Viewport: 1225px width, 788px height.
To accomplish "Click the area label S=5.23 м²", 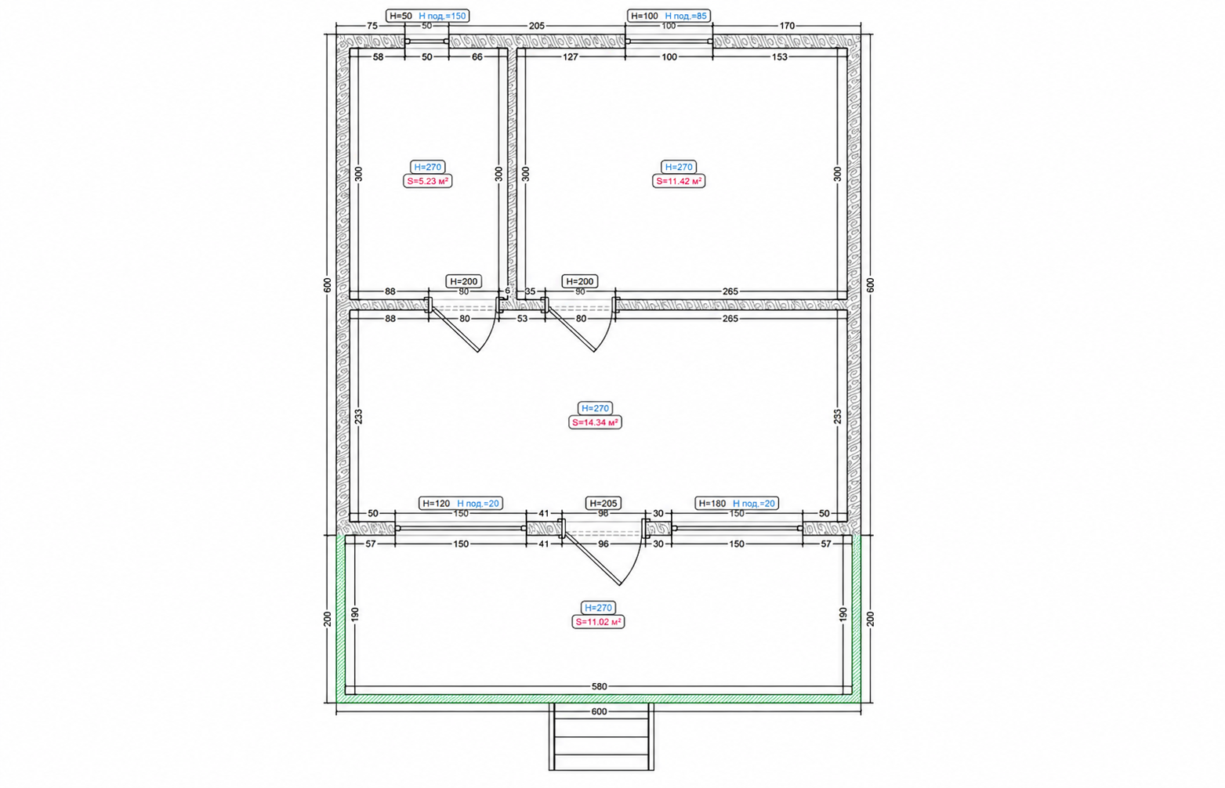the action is [428, 181].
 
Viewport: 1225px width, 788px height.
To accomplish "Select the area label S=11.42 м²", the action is [679, 181].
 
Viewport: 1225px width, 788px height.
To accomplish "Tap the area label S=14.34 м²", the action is [595, 422].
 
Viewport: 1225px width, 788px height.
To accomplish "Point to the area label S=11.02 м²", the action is [598, 622].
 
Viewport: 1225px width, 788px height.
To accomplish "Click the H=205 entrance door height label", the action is [603, 504].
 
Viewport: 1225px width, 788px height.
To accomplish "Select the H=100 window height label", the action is [645, 16].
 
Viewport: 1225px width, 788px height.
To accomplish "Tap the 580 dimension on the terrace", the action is [600, 686].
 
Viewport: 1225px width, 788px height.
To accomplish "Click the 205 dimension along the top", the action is [537, 26].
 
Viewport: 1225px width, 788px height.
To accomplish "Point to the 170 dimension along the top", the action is [787, 26].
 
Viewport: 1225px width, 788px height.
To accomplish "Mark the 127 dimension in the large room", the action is [571, 57].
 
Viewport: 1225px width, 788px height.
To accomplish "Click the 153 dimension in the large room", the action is [780, 57].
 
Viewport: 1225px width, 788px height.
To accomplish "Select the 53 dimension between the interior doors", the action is [522, 319].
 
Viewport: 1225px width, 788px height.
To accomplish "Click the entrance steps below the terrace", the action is [601, 736].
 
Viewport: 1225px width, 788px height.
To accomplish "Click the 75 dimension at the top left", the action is [371, 26].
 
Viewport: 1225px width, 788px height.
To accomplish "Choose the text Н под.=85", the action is [686, 16].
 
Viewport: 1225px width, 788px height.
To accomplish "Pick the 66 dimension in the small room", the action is [477, 57].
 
